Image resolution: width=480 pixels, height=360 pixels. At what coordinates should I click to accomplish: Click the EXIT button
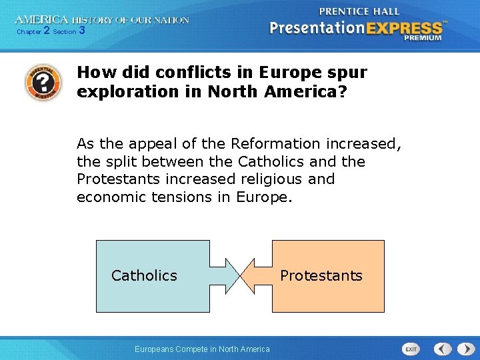coord(411,349)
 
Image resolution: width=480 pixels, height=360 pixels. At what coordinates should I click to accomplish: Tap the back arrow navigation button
coord(443,349)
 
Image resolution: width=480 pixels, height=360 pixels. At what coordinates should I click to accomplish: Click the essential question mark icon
coord(42,82)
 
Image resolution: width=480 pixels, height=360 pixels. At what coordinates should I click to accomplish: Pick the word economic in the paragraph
coord(109,197)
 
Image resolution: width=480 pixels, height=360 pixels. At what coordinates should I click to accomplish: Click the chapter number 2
coord(46,31)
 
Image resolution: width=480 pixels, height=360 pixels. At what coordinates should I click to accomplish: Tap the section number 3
coord(81,31)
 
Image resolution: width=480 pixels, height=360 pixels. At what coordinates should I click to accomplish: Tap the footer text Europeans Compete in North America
coord(202,349)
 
